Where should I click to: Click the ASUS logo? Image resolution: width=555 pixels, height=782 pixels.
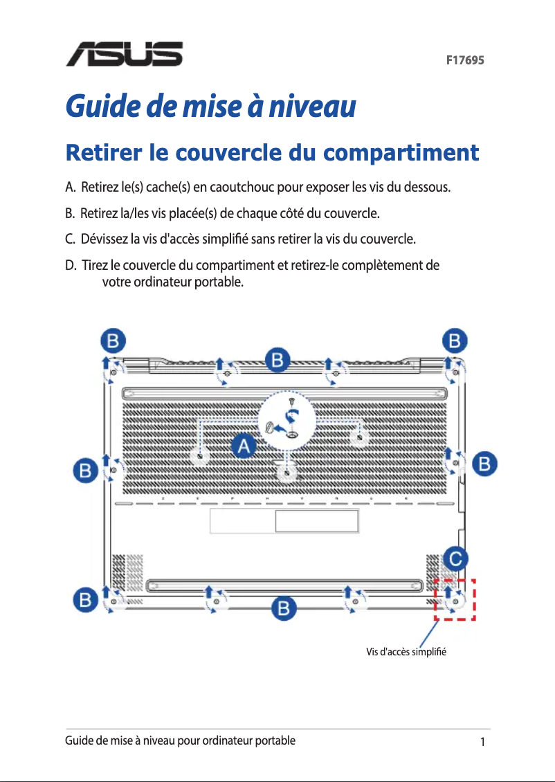(125, 54)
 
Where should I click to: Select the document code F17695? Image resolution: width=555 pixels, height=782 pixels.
(464, 60)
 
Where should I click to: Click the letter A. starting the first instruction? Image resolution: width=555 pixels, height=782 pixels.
(71, 188)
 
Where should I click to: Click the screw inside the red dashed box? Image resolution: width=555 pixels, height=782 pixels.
(456, 601)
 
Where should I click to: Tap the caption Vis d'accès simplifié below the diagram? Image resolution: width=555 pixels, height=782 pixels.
(407, 653)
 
